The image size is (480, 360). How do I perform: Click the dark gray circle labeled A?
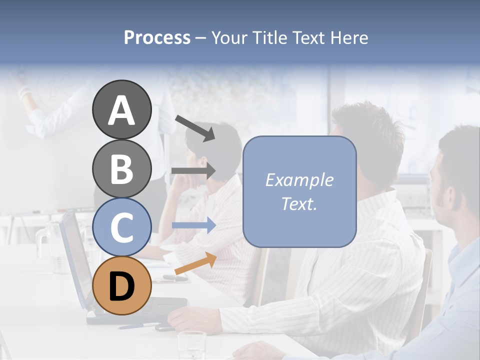pos(122,109)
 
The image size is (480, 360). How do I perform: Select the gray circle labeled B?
pos(122,168)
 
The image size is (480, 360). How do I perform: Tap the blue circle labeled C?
pos(122,227)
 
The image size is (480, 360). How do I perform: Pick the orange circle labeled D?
pos(122,285)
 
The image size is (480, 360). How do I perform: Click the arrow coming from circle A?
pos(195,128)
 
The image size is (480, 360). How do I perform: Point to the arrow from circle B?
pos(193,171)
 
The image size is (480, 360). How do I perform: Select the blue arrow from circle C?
pos(193,225)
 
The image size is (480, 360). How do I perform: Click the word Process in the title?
pos(157,37)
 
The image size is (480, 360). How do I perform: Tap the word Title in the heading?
pos(271,37)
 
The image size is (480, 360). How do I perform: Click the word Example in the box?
pos(299,180)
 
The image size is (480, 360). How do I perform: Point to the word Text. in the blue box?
pos(299,203)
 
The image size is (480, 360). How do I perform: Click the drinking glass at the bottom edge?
pos(191,345)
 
